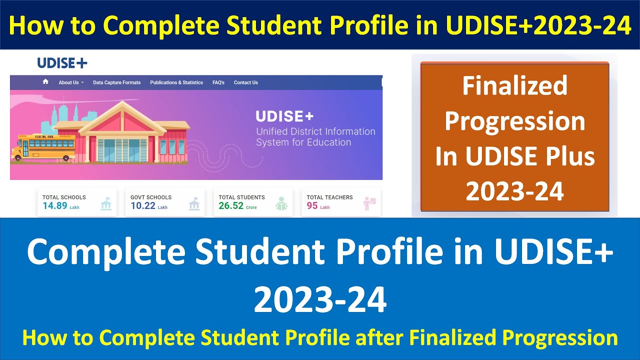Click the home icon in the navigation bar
click(x=45, y=82)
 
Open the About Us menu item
click(x=70, y=82)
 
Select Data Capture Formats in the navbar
click(x=116, y=82)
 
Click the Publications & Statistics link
click(x=176, y=82)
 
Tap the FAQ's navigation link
click(x=218, y=82)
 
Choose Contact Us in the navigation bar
click(x=246, y=82)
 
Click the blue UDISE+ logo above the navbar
click(x=62, y=63)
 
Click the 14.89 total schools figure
click(x=55, y=205)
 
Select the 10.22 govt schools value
click(x=143, y=205)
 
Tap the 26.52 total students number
click(x=231, y=205)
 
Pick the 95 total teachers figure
click(x=312, y=205)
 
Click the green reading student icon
click(x=281, y=204)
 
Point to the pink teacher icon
click(x=369, y=203)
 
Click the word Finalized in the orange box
click(x=514, y=86)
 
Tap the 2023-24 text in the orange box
click(x=514, y=191)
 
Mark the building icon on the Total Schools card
click(x=106, y=204)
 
